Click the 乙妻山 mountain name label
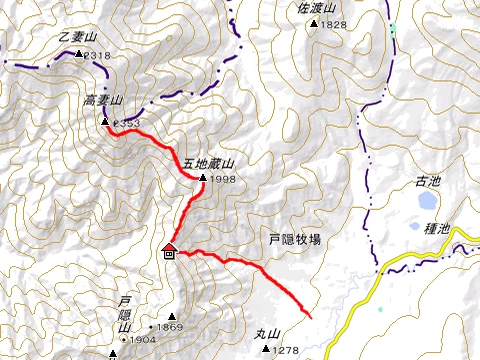[x=77, y=37]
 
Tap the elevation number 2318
[x=97, y=56]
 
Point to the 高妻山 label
[x=101, y=101]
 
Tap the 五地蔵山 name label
[x=208, y=163]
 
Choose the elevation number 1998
[x=223, y=179]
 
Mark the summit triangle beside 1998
[x=203, y=178]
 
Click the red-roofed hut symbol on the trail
[x=169, y=251]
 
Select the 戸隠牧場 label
[x=296, y=240]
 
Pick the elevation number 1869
[x=169, y=327]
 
